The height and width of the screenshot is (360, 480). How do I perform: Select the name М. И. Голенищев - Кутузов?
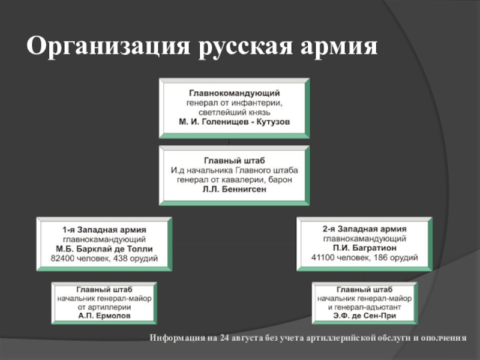(x=234, y=121)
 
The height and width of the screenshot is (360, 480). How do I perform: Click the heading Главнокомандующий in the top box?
(x=234, y=94)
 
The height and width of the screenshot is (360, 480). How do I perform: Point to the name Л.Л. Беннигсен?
(x=234, y=188)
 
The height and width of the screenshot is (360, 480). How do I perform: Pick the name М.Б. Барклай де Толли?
(x=104, y=248)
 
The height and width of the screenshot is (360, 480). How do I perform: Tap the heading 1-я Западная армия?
(x=104, y=229)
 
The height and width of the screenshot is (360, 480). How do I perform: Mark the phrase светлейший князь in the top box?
(x=234, y=112)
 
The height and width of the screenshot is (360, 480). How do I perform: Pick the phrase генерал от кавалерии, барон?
(x=234, y=179)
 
